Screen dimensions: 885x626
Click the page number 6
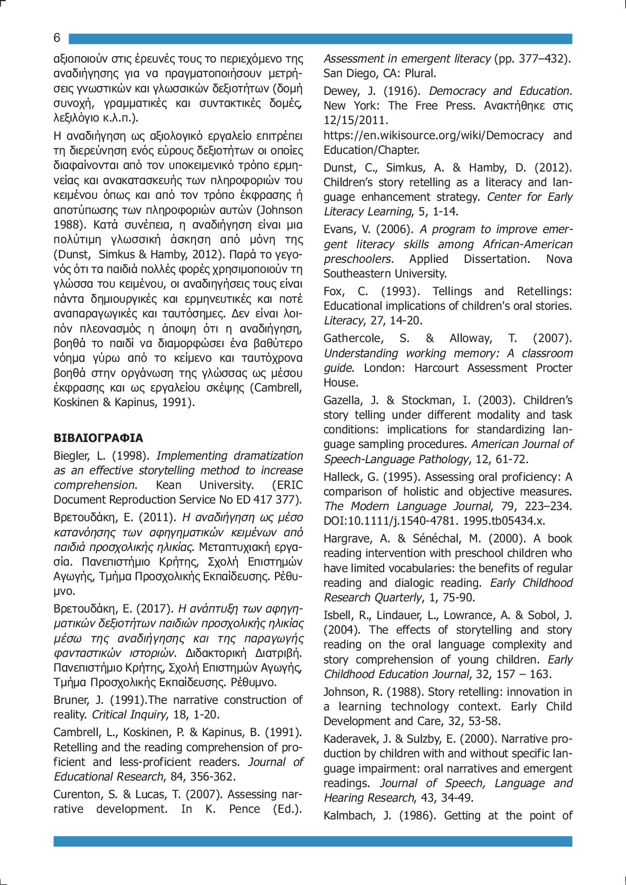[57, 38]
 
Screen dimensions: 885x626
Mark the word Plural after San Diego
[420, 74]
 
